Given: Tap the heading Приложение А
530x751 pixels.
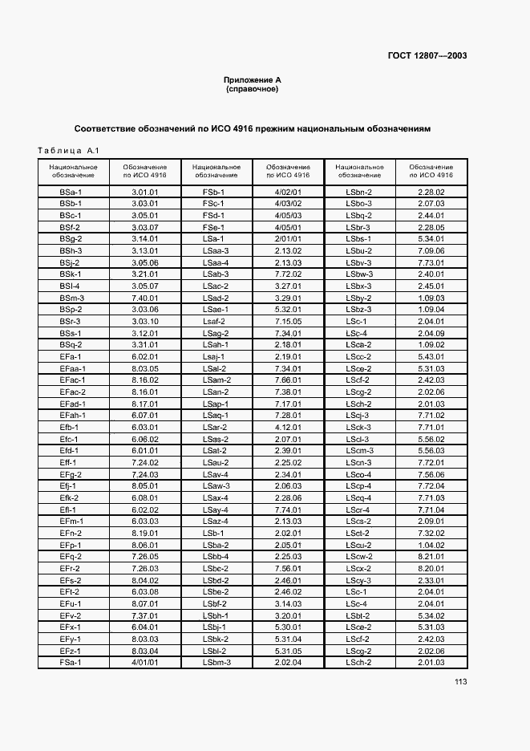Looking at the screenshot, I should (x=252, y=80).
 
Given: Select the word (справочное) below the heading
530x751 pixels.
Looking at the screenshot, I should (x=252, y=89).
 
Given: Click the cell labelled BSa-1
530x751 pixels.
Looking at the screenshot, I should (x=71, y=193).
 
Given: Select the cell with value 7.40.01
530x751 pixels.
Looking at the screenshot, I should (x=144, y=297).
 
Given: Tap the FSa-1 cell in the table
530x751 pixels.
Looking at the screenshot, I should (x=71, y=662).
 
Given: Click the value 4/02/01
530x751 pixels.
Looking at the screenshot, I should (x=287, y=193).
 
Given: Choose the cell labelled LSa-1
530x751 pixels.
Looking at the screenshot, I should (x=216, y=238).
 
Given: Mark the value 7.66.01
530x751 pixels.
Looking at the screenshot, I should (x=287, y=380).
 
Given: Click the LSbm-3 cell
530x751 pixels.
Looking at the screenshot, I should (x=216, y=662).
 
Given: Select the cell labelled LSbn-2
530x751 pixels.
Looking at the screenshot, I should (x=359, y=193).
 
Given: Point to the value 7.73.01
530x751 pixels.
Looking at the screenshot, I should (x=431, y=262).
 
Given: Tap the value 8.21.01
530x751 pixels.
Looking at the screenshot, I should (x=431, y=556).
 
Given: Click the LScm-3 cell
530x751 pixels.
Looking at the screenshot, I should (x=359, y=450).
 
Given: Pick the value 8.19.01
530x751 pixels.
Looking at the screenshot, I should (x=144, y=533).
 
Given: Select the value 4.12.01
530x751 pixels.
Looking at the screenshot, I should (x=287, y=427).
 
